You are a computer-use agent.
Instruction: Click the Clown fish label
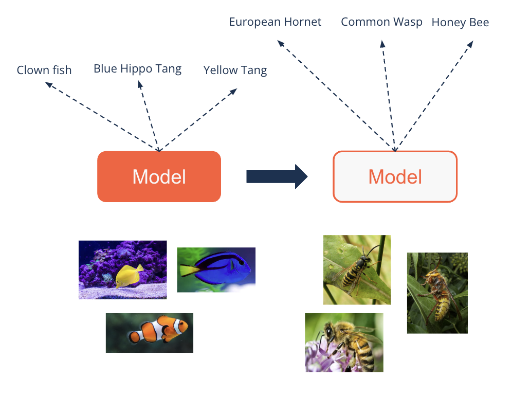44,70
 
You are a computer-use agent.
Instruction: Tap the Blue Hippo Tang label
137,69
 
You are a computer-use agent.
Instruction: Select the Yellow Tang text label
235,70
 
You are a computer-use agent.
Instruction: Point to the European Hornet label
275,22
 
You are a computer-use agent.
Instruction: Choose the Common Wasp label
381,22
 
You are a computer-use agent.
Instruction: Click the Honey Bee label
460,23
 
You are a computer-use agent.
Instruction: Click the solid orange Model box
159,176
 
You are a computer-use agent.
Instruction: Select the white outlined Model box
395,176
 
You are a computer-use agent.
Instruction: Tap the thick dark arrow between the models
277,176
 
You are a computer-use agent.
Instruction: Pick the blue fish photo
216,270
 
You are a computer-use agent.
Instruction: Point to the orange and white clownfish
158,330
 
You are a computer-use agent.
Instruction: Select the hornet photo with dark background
437,293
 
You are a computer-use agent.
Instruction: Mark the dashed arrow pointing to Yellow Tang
198,120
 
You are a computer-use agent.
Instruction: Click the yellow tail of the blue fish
188,270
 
